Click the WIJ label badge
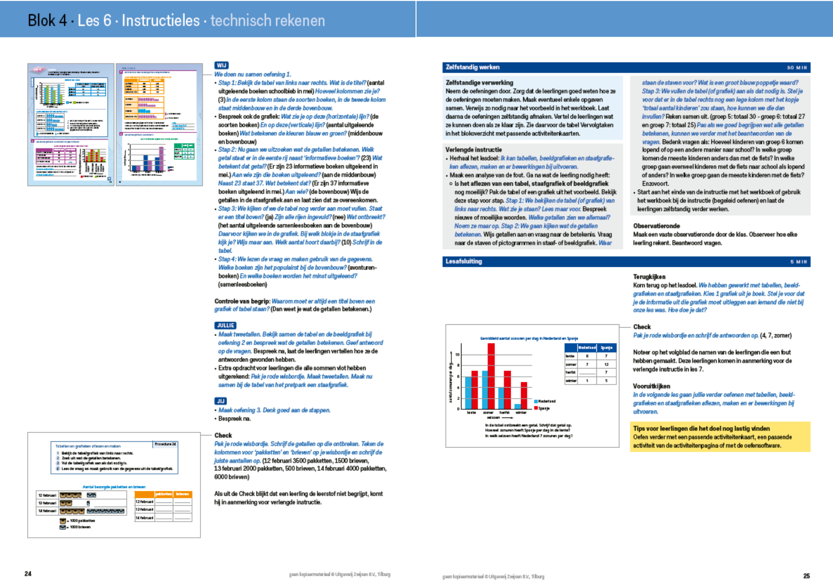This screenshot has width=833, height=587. coord(222,65)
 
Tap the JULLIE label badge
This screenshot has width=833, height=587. coord(226,326)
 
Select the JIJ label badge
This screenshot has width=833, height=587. coord(221,401)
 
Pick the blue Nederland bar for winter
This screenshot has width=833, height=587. coord(517,406)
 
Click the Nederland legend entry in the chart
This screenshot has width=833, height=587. coord(546,401)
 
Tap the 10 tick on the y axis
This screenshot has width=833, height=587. coord(457,355)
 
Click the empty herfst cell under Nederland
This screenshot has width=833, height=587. coord(587,372)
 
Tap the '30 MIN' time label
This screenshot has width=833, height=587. coord(796,67)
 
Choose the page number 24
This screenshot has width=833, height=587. coord(28,574)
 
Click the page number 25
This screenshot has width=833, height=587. coord(806,576)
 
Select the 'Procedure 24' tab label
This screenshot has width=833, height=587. coord(165,444)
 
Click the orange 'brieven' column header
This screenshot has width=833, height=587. coord(182,494)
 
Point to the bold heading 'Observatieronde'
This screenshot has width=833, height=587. coord(656,226)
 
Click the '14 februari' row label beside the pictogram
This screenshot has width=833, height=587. coord(47,511)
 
